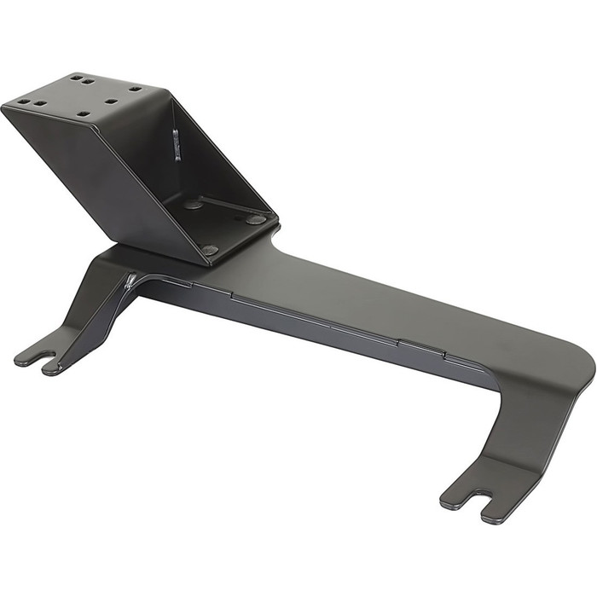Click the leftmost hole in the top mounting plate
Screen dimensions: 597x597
tap(22, 102)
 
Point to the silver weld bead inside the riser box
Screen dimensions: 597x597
tap(177, 143)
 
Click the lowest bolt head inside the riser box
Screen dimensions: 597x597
tap(210, 250)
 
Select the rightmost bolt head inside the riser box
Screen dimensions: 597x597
tap(256, 219)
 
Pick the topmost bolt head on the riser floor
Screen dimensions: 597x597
tap(194, 205)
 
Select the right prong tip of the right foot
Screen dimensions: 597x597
tap(493, 517)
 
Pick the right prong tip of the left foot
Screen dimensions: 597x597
tap(53, 368)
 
